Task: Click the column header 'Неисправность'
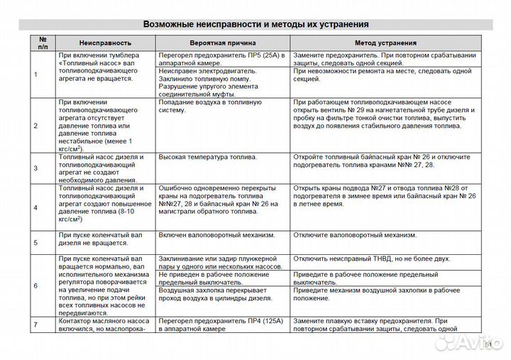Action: pyautogui.click(x=105, y=43)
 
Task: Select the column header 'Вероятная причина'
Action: pyautogui.click(x=222, y=43)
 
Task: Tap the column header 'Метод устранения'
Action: pyautogui.click(x=385, y=43)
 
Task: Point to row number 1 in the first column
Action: pyautogui.click(x=35, y=74)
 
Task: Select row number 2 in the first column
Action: pyautogui.click(x=35, y=126)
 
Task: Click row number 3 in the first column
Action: pyautogui.click(x=35, y=168)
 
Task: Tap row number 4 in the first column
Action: pyautogui.click(x=35, y=207)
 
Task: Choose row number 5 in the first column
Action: pyautogui.click(x=35, y=241)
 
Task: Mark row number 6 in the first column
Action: pyautogui.click(x=35, y=285)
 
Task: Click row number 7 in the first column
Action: pyautogui.click(x=35, y=324)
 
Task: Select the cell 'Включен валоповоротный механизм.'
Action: pyautogui.click(x=216, y=234)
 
